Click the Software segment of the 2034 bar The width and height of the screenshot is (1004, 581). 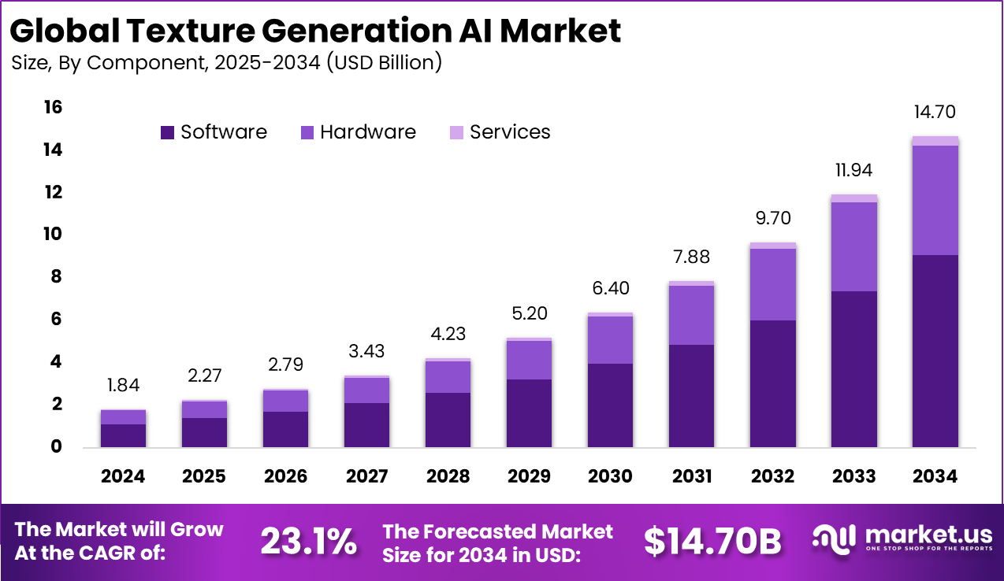point(935,350)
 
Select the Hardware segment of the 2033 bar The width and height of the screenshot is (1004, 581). point(853,246)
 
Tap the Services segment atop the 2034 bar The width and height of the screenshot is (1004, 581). point(935,141)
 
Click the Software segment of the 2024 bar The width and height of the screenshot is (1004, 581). point(123,435)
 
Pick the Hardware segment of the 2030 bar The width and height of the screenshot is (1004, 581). point(610,339)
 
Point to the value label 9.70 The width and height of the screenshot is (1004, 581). point(772,218)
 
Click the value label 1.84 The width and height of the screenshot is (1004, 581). point(123,386)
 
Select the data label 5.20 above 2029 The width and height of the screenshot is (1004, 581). point(529,313)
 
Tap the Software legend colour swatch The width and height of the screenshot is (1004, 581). point(167,132)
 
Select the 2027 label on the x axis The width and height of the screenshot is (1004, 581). point(366,476)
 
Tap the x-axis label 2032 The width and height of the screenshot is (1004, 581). point(772,476)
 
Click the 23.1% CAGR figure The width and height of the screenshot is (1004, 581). point(308,541)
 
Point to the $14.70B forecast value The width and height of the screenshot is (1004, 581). point(712,541)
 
